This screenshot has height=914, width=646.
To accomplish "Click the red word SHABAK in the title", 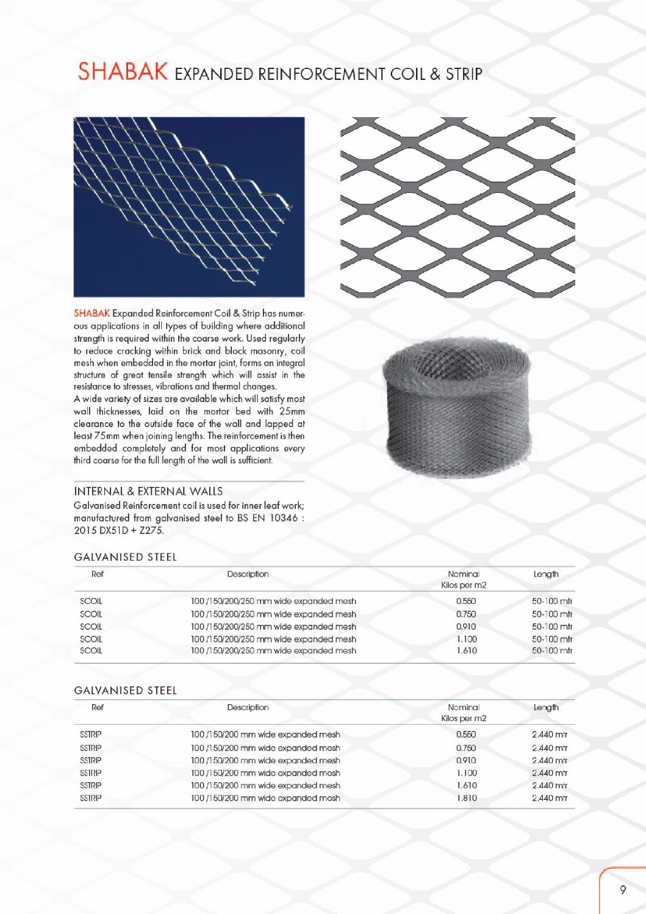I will coord(123,72).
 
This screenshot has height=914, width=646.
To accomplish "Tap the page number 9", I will coord(623,890).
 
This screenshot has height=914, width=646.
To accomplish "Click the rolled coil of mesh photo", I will coord(457,408).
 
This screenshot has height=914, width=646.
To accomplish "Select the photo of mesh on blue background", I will coord(189,207).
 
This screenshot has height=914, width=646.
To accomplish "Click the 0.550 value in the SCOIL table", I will coord(466,601).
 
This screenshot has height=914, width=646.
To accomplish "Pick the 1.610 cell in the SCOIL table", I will coord(467,650).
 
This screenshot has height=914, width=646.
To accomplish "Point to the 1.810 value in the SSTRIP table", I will coord(467,797).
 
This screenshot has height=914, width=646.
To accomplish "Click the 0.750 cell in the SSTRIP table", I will coord(466,747).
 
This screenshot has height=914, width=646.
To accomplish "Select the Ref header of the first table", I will coord(98,574).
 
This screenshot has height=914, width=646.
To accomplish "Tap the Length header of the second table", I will coord(546,707).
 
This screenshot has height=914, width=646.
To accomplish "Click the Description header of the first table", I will coord(248,574).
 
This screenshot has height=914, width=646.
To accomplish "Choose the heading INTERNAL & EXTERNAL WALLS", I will coord(148,491).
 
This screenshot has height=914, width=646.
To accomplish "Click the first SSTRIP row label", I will coord(91,734).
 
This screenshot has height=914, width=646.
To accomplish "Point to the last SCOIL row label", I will coord(91,650).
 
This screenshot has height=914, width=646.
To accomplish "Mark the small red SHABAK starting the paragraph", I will coord(92,313).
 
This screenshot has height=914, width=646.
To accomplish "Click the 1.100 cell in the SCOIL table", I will coord(467,639).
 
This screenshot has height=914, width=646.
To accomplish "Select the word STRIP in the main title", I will coord(464,74).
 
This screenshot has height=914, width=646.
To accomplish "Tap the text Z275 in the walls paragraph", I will coord(151,530).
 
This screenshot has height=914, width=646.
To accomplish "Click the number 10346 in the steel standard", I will coord(284,518).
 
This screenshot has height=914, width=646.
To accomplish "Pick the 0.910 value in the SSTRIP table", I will coord(466,760).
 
